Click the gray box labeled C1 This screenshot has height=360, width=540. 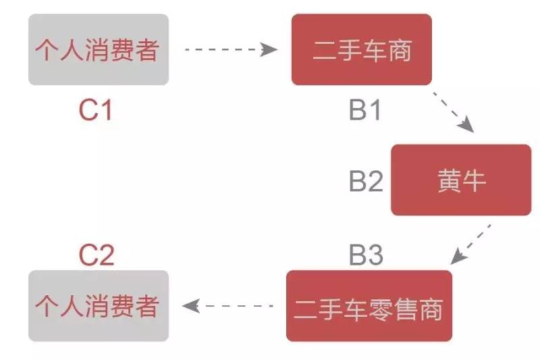point(99,49)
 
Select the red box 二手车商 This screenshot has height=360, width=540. point(362,49)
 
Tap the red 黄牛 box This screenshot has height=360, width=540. point(461,180)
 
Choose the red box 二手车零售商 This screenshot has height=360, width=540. point(369,306)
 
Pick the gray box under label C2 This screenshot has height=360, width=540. point(99,306)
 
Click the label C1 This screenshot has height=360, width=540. point(95,110)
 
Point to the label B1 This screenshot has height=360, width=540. point(364,110)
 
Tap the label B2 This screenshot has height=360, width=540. point(366,180)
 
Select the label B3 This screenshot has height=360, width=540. point(366,255)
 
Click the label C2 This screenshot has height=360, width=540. point(97,255)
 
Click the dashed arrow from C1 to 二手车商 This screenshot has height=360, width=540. point(231,49)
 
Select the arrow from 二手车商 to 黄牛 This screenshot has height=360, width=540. point(454,112)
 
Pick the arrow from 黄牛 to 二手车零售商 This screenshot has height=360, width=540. point(470,245)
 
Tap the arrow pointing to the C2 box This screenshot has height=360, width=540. point(227,306)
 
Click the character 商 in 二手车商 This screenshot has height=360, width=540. point(400,50)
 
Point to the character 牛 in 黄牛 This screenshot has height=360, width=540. point(475,180)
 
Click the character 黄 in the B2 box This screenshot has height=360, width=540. point(450,180)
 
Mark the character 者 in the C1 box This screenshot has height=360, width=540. point(147,49)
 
